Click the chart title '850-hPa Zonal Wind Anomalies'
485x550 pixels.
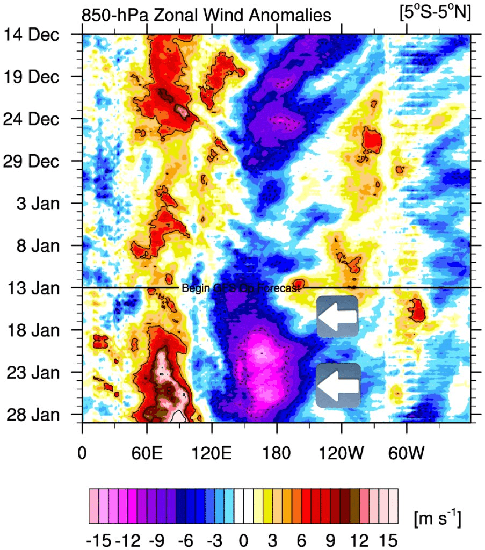pos(206,16)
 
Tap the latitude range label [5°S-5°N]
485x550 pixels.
pos(435,14)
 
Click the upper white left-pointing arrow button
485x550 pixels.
pos(337,316)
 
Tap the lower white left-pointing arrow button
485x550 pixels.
pos(338,385)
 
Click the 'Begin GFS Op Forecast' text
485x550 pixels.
pos(241,288)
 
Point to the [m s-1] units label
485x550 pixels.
pos(437,519)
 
